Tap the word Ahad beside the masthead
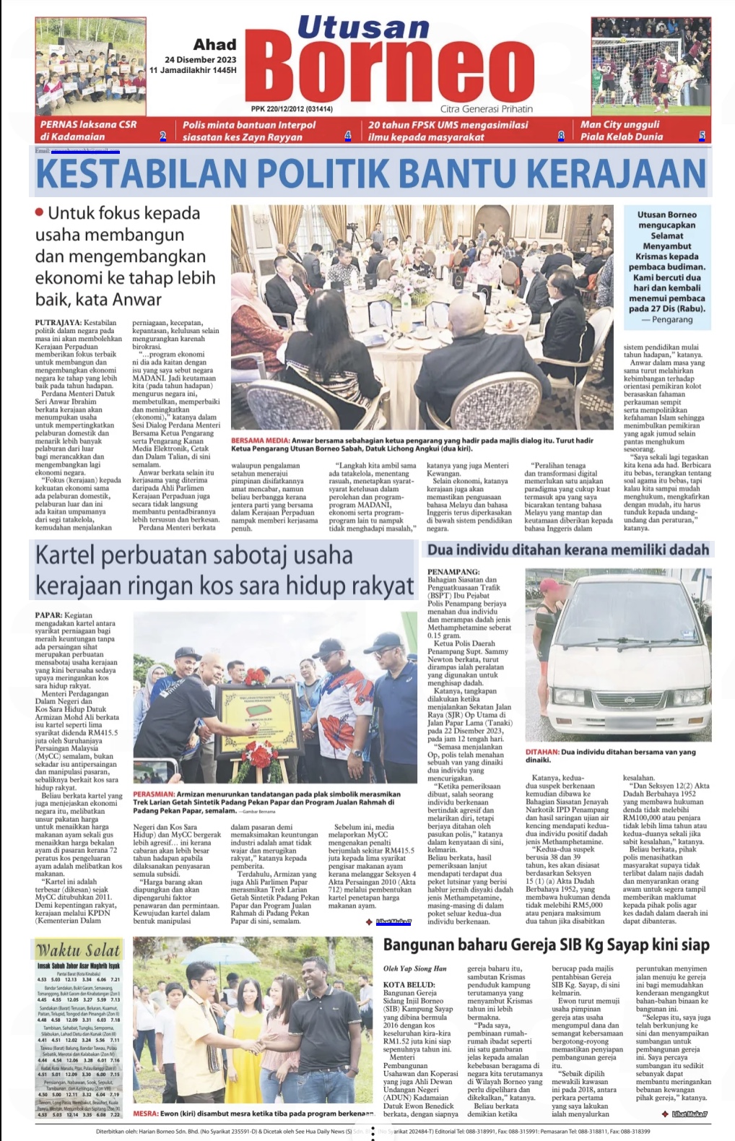pyautogui.click(x=214, y=45)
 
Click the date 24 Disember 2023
pyautogui.click(x=200, y=59)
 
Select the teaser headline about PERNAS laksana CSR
pyautogui.click(x=88, y=130)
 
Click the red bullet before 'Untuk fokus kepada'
pyautogui.click(x=40, y=212)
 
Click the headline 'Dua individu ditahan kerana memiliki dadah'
pyautogui.click(x=567, y=550)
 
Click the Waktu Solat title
pyautogui.click(x=78, y=950)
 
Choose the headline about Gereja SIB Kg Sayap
pyautogui.click(x=546, y=945)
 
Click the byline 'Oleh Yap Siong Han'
pyautogui.click(x=414, y=968)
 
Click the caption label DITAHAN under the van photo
pyautogui.click(x=542, y=752)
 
